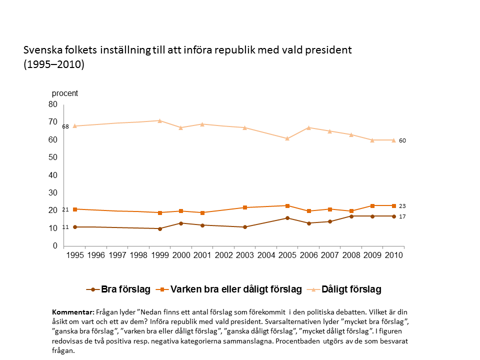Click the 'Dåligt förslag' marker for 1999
click(159, 120)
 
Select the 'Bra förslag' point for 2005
click(287, 218)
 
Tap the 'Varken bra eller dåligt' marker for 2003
click(245, 207)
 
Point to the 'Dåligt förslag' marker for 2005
click(287, 138)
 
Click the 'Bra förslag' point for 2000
click(181, 223)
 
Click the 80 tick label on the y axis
click(52, 104)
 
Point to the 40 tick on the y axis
click(52, 175)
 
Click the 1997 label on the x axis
click(117, 255)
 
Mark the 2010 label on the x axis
click(393, 255)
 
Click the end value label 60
click(402, 140)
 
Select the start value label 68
click(65, 126)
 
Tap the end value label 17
click(402, 216)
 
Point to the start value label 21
click(65, 209)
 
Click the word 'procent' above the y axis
click(65, 93)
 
